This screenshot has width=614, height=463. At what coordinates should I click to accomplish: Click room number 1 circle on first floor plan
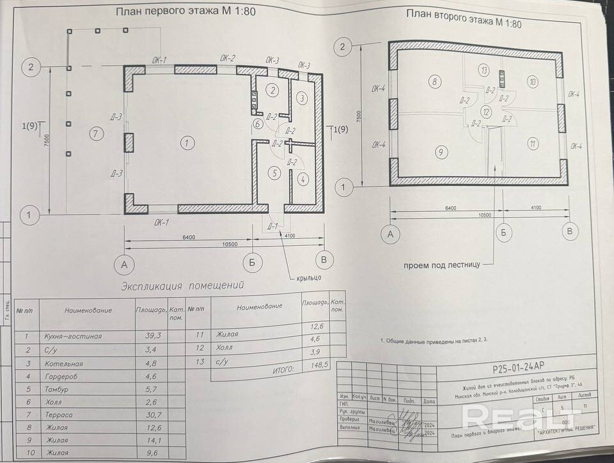pyautogui.click(x=186, y=143)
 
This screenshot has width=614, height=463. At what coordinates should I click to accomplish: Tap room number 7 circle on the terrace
pyautogui.click(x=95, y=134)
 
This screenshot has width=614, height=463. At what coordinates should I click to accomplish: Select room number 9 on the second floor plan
pyautogui.click(x=440, y=152)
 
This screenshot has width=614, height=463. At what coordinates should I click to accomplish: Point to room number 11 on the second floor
pyautogui.click(x=532, y=143)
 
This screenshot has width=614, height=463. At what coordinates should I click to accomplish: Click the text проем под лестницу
pyautogui.click(x=441, y=264)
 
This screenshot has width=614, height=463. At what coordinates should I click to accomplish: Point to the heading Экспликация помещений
pyautogui.click(x=182, y=286)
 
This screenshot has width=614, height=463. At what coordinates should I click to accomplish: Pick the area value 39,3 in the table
pyautogui.click(x=150, y=335)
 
